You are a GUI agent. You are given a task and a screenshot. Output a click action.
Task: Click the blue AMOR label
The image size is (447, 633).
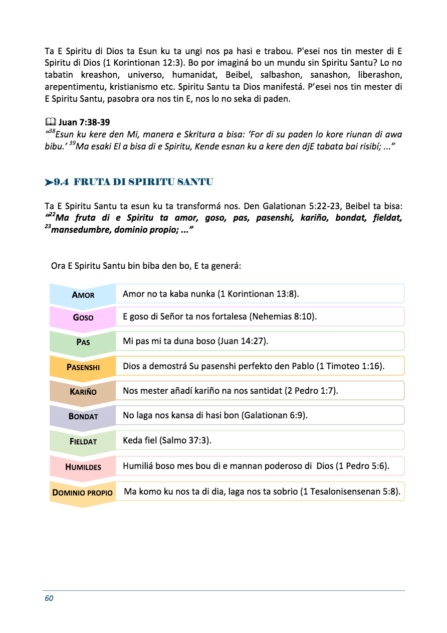pyautogui.click(x=83, y=294)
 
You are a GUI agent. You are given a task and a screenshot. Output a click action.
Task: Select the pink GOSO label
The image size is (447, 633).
pyautogui.click(x=83, y=318)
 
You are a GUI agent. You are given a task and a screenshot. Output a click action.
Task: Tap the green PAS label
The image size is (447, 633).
pyautogui.click(x=83, y=342)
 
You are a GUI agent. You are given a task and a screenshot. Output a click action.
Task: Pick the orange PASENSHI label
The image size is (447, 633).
pyautogui.click(x=83, y=367)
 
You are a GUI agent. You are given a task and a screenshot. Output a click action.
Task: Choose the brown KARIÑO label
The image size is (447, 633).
pyautogui.click(x=83, y=391)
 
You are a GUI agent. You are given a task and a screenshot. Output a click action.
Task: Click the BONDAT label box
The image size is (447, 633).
pyautogui.click(x=83, y=416)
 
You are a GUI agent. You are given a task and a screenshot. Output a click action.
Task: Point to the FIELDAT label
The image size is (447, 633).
pyautogui.click(x=83, y=441)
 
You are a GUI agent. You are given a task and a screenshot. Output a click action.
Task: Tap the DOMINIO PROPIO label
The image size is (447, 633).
pyautogui.click(x=83, y=492)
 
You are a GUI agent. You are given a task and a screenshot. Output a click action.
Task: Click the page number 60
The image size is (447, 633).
pyautogui.click(x=49, y=598)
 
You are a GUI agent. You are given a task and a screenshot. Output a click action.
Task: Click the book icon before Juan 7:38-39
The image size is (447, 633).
pyautogui.click(x=50, y=122)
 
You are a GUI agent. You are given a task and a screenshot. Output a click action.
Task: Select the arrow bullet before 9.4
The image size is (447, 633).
pyautogui.click(x=49, y=182)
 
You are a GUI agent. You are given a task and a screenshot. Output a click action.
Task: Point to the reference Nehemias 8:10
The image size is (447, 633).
pyautogui.click(x=284, y=317)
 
